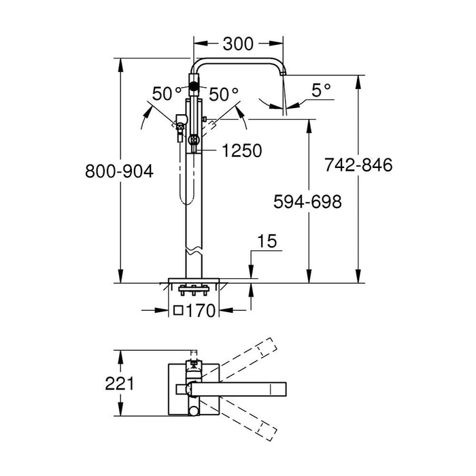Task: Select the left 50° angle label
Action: click(x=167, y=95)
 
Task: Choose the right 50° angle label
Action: click(x=224, y=95)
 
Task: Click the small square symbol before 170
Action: click(x=179, y=311)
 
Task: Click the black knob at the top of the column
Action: click(x=193, y=86)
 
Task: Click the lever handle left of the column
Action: click(x=179, y=126)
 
